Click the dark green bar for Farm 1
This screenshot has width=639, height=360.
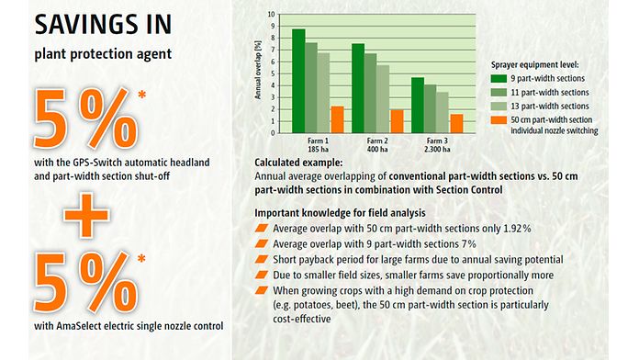298,80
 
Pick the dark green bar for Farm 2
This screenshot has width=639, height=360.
358,87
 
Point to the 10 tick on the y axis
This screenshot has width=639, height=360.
270,16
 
